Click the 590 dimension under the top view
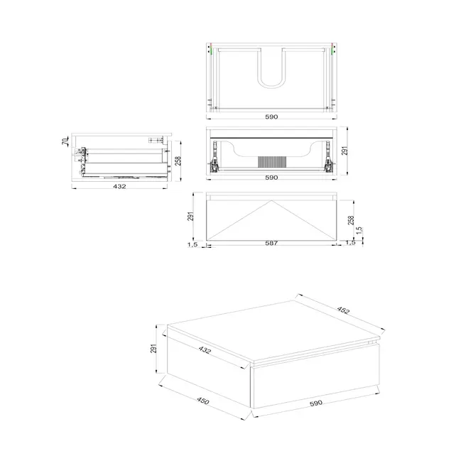(271, 116)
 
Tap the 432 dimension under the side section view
(119, 186)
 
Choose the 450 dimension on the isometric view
(202, 401)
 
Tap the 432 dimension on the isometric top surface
(205, 350)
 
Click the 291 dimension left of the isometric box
(153, 349)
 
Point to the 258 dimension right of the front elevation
(350, 220)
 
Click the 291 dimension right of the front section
(346, 151)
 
